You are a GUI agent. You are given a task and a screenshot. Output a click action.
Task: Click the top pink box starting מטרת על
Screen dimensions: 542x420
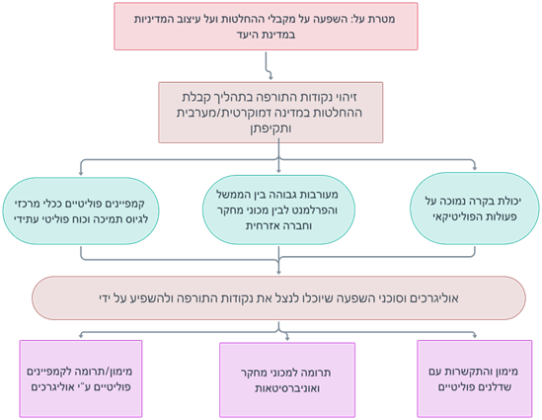266,27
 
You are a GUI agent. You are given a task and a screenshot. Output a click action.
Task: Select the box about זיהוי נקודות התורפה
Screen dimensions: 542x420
271,113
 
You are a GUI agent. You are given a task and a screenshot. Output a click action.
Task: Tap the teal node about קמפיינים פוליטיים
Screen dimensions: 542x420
81,211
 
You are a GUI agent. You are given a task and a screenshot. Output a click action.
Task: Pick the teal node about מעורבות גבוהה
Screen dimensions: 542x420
278,210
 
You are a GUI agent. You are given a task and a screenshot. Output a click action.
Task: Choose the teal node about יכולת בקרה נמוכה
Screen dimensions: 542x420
475,209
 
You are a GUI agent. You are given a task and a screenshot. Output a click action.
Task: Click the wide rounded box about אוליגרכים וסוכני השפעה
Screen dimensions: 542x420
278,297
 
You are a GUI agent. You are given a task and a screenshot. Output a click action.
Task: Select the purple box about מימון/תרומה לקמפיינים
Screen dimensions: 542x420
81,378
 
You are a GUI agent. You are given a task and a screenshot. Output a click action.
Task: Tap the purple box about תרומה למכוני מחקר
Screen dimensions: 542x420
287,379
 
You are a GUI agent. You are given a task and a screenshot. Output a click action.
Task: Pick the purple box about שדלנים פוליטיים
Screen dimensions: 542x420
475,378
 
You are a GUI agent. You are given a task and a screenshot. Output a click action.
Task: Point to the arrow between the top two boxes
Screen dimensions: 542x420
268,66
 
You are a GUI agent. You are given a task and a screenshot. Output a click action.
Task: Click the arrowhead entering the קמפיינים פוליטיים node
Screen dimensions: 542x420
81,173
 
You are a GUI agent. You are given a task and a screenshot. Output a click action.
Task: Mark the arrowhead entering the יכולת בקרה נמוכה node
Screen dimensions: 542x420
475,168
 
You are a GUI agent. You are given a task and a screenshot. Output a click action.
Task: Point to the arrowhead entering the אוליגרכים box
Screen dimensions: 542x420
278,272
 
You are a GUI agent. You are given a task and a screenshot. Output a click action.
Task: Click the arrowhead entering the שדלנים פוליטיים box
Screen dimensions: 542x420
475,335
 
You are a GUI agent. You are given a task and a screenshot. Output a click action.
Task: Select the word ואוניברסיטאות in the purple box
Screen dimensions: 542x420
287,388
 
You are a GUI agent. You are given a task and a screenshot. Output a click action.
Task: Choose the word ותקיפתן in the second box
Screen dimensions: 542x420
271,128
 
